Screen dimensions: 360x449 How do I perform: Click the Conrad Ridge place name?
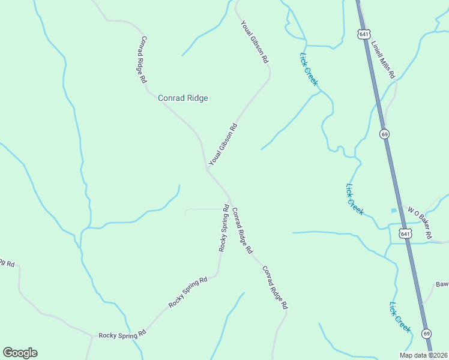182,98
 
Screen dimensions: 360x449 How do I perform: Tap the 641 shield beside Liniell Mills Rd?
363,34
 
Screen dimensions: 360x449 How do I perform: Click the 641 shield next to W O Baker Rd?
406,233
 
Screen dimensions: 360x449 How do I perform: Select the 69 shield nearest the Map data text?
426,333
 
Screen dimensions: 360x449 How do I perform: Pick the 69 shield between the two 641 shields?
384,133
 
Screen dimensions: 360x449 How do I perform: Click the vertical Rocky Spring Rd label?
223,228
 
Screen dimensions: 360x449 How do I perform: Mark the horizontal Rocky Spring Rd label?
122,334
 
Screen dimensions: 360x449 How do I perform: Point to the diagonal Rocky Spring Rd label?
188,292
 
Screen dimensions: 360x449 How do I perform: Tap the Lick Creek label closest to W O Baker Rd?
354,199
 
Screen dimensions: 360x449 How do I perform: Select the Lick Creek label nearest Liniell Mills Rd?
308,68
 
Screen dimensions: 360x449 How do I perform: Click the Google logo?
20,353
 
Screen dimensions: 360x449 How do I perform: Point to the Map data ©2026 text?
423,355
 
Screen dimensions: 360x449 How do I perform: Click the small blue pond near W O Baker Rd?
393,210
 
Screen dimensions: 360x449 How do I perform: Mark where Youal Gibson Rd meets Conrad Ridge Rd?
207,169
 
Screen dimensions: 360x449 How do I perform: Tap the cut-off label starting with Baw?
442,284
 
